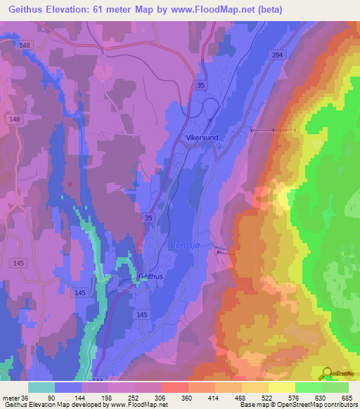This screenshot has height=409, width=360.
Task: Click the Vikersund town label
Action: [x=202, y=138]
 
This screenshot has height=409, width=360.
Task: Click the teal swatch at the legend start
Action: [x=41, y=387]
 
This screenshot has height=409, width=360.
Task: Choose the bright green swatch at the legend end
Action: [x=335, y=387]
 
